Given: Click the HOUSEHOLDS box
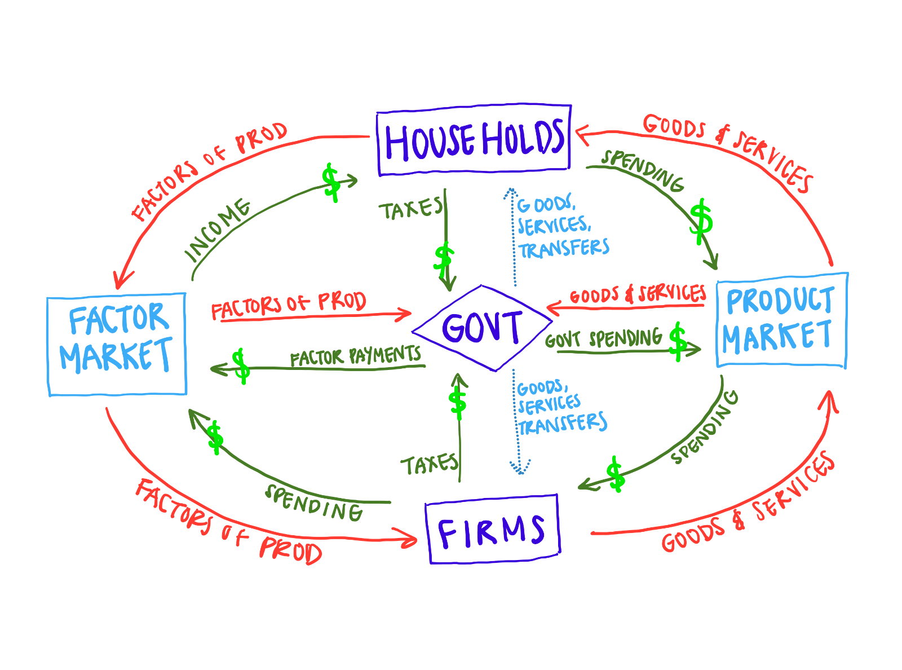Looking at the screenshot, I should tap(474, 140).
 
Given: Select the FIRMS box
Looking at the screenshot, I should tap(492, 530).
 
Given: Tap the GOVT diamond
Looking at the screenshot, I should tap(482, 328).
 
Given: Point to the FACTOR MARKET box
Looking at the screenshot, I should tap(117, 344).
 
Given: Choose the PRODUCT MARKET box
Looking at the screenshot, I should tap(781, 320).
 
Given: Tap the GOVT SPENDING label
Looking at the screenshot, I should tap(603, 339).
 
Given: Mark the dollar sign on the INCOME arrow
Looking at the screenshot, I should tap(331, 182).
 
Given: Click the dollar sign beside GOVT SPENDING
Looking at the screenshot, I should tap(678, 341).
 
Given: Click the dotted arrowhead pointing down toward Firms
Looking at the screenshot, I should tap(520, 468).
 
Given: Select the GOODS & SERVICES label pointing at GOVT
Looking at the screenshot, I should tap(638, 294).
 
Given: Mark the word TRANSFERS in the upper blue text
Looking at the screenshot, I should tap(564, 249).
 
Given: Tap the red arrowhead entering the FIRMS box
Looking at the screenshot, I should tap(411, 539).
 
